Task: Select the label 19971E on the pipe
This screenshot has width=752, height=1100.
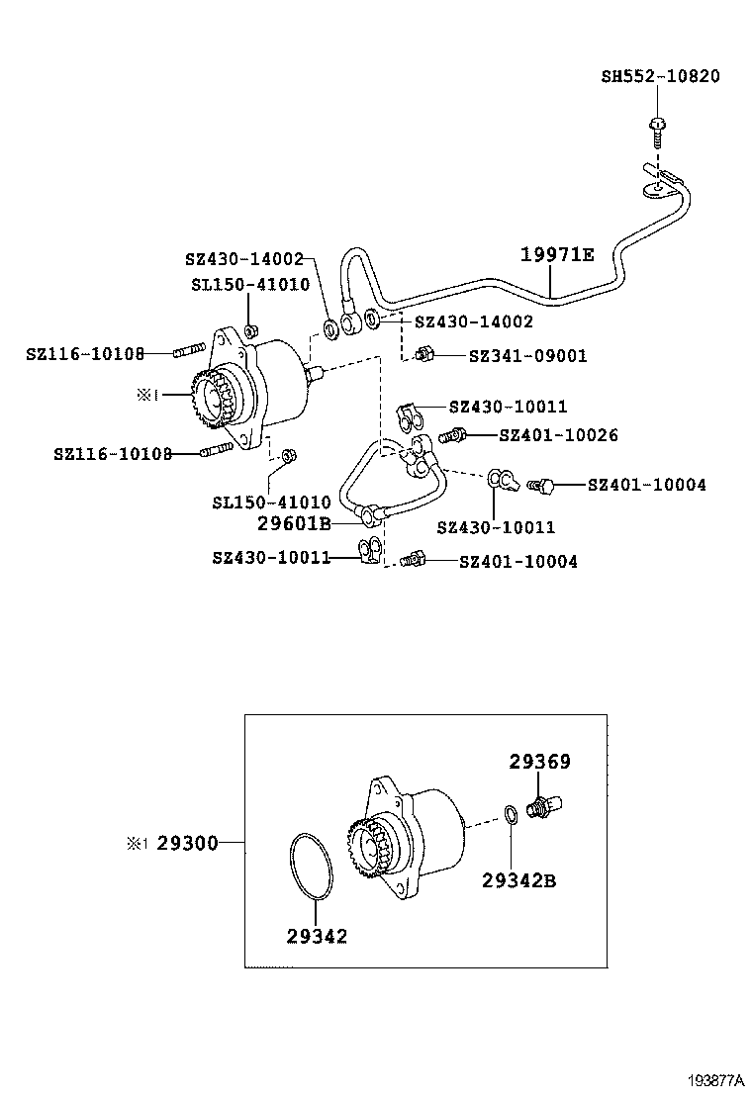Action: (557, 255)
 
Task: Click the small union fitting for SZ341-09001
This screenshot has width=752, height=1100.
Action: (423, 354)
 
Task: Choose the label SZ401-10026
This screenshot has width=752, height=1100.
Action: (558, 435)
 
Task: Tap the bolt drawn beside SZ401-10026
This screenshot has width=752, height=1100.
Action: (454, 434)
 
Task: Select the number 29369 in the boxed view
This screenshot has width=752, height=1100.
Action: (539, 762)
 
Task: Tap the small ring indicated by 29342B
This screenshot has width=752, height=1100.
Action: (510, 815)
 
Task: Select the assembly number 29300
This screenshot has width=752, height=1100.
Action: (188, 843)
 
